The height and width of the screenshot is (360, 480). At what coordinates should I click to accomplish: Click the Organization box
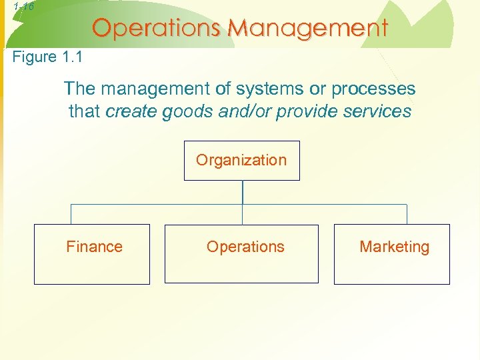[x=241, y=161]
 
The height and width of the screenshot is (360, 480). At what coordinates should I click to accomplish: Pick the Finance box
[x=92, y=254]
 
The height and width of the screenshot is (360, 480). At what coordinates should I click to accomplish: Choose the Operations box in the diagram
[x=241, y=254]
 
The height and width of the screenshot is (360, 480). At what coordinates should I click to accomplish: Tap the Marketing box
[x=391, y=254]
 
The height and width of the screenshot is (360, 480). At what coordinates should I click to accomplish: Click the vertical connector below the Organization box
[x=242, y=192]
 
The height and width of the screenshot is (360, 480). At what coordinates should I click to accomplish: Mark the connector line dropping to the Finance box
[x=71, y=214]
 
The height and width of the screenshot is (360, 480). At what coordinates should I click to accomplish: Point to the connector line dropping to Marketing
[x=407, y=214]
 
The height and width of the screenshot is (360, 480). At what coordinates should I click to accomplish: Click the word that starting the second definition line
[x=85, y=111]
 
